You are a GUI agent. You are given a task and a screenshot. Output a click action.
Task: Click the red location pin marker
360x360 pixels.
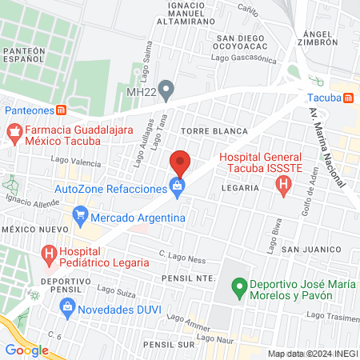[x=180, y=162]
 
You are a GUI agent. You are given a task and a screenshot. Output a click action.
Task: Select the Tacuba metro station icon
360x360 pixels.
[x=347, y=98]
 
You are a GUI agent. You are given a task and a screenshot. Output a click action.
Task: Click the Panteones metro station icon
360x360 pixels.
[x=61, y=110]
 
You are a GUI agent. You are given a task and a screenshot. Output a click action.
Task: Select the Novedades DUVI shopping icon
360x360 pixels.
[x=69, y=306]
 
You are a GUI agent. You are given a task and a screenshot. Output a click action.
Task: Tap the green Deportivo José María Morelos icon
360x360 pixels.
[x=238, y=286]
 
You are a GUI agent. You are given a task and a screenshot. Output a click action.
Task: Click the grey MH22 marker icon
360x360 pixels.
[x=166, y=90]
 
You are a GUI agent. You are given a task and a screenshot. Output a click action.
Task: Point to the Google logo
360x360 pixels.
[x=27, y=350]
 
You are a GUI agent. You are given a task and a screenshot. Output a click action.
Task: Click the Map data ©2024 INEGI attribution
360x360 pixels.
[x=312, y=354]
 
